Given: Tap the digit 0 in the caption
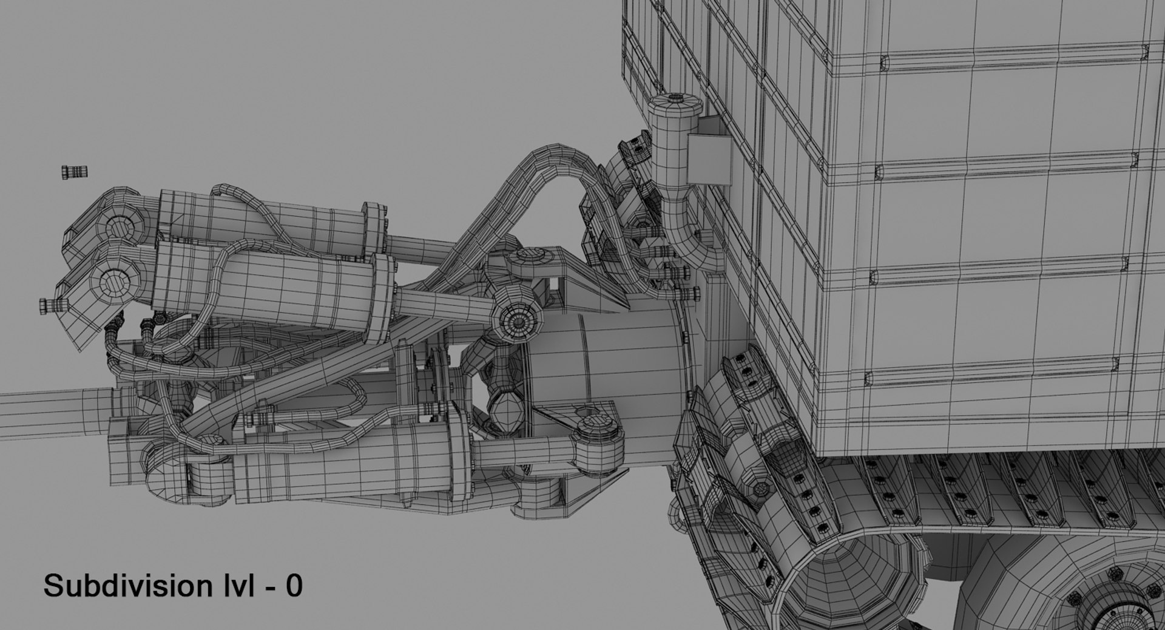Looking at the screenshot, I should pos(294,586).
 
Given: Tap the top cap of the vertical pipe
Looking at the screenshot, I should pos(675,101).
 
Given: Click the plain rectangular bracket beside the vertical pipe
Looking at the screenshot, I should pos(709,158).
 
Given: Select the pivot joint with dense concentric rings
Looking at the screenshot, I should pos(517,322).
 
